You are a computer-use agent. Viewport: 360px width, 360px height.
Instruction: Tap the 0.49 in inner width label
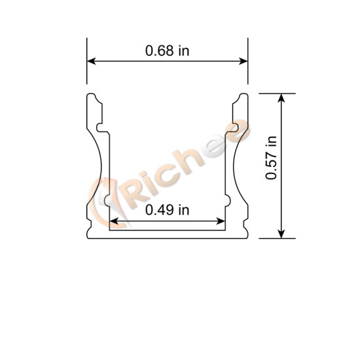[167, 209]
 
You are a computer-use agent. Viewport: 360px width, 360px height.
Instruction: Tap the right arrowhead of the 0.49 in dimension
[224, 221]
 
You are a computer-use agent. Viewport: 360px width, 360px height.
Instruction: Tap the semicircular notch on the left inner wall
[106, 198]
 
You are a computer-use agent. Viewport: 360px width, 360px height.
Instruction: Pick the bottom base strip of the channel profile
[168, 234]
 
